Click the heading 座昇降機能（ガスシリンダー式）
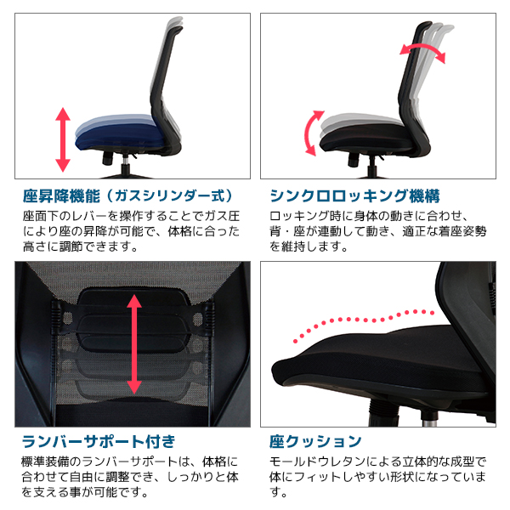tap(127, 195)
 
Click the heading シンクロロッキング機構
tap(354, 195)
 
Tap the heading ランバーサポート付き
tap(99, 441)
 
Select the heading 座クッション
tap(315, 441)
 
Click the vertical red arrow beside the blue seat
tap(63, 139)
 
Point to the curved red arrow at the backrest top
tap(422, 51)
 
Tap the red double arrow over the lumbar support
tap(134, 344)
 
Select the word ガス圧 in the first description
tap(223, 216)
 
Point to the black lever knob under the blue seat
tap(108, 158)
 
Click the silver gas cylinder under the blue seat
tap(126, 160)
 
